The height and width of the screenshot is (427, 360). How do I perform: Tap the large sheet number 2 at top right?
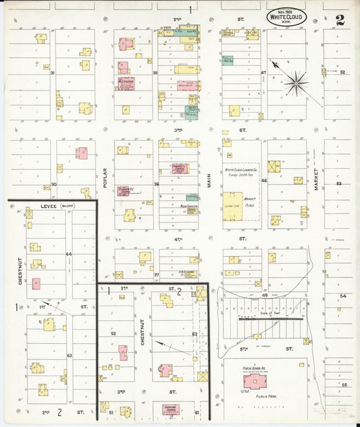(340, 20)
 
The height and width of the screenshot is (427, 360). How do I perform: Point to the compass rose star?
(295, 84)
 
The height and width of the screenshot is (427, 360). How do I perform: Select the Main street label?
(209, 180)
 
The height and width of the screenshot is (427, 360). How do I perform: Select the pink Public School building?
(255, 382)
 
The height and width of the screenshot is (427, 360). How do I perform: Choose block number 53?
(339, 183)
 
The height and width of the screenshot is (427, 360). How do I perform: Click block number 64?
(68, 254)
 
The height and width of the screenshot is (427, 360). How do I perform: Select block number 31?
(51, 72)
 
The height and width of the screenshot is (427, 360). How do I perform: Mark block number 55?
(344, 384)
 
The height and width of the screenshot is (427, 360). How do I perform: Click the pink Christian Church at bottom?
(171, 409)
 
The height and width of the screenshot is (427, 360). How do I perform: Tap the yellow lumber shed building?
(233, 206)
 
